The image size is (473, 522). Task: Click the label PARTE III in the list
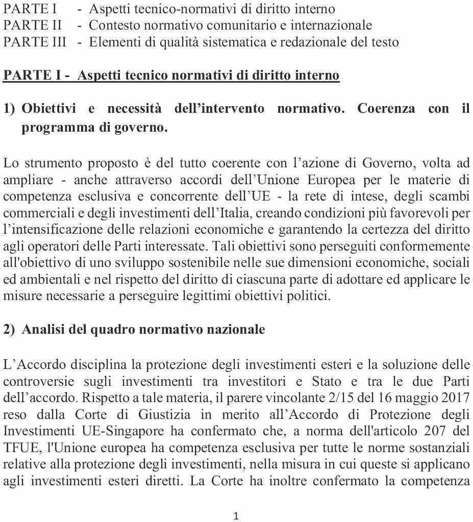click(34, 42)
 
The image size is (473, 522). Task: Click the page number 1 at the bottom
click(236, 516)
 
